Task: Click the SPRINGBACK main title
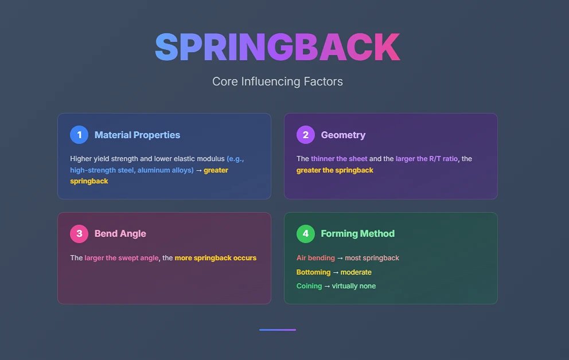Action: [278, 48]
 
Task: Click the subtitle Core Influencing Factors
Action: [278, 81]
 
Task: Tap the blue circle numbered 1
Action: [79, 135]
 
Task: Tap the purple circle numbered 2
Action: [306, 135]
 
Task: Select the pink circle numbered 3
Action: [79, 233]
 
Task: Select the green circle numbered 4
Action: [306, 233]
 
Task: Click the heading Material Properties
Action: [137, 135]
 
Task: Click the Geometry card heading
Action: [343, 135]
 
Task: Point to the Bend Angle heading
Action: [120, 233]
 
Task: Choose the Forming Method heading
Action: [357, 233]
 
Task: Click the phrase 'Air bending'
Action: [315, 258]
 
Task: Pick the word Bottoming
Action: [314, 272]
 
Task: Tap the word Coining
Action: [309, 285]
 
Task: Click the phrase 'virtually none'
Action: [354, 285]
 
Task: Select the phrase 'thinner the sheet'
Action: [339, 158]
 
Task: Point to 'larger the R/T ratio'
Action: [426, 158]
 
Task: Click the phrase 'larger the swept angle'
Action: [122, 258]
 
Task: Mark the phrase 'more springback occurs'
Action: [216, 258]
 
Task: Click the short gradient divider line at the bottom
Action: [278, 330]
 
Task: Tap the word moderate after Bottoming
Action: [356, 272]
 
